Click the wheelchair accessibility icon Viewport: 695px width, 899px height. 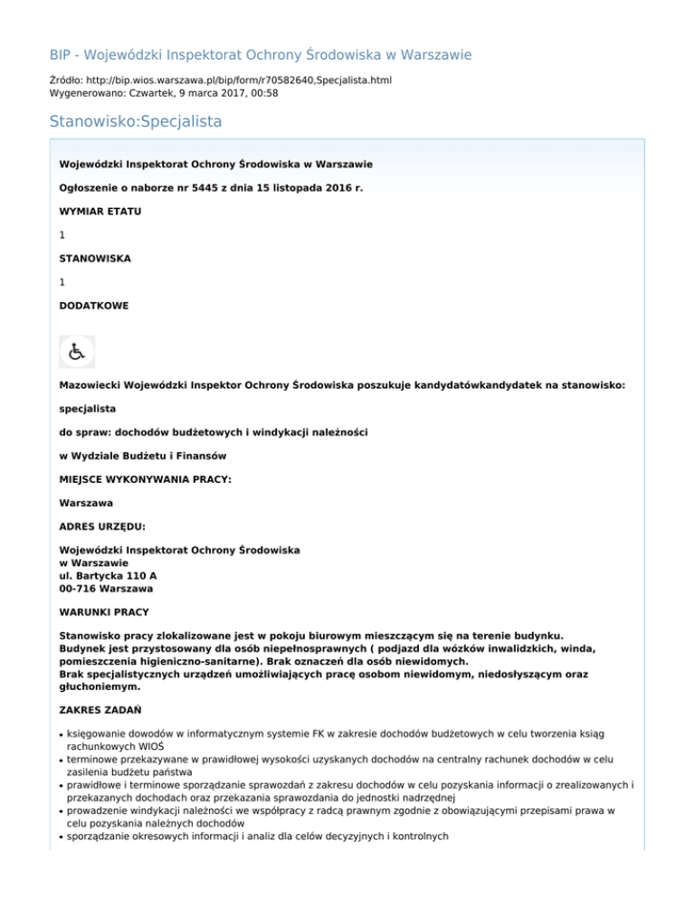click(x=77, y=352)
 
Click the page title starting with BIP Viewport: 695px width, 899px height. click(x=260, y=55)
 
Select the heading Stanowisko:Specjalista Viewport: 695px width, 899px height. click(x=136, y=119)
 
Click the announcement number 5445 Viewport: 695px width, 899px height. click(x=173, y=187)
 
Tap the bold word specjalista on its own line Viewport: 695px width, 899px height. click(x=87, y=409)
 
